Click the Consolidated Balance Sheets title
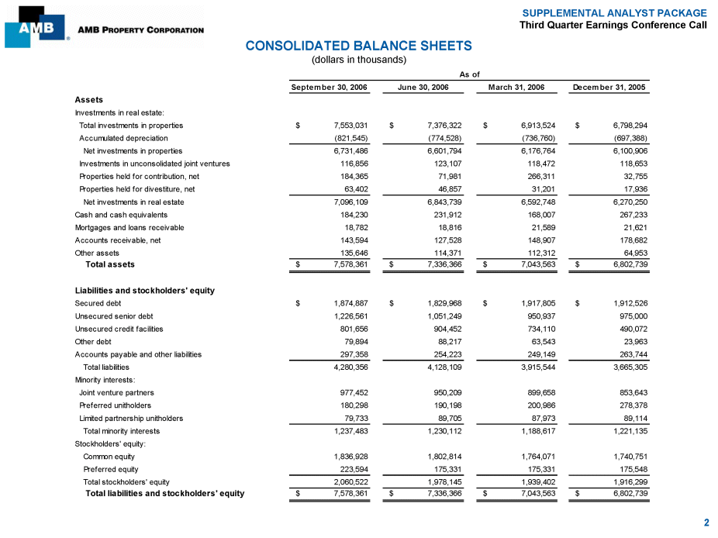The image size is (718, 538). click(358, 47)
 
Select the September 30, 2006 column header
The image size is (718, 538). click(329, 88)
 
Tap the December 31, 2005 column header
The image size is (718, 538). click(609, 88)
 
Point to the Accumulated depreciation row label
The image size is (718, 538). click(123, 138)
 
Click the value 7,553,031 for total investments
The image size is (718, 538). click(350, 126)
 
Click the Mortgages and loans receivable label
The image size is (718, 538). click(129, 227)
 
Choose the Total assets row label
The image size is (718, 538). click(109, 264)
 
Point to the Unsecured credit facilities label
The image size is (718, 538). click(119, 329)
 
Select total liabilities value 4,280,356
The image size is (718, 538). click(350, 367)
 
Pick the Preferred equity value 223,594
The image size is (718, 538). click(353, 468)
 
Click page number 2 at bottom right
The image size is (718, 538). click(706, 523)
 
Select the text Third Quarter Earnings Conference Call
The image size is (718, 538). click(613, 25)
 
